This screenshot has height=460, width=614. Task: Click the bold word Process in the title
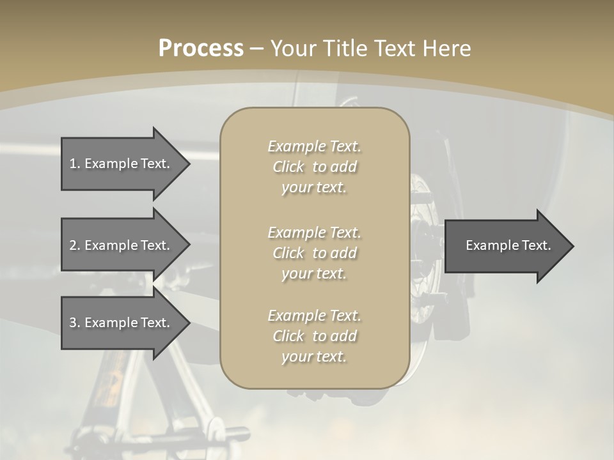pos(201,49)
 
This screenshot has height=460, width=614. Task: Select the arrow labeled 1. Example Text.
pos(122,164)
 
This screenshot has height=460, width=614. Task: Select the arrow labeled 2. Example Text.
pos(122,245)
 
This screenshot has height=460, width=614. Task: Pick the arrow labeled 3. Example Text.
pos(122,323)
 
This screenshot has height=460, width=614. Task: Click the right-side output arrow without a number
pos(505,246)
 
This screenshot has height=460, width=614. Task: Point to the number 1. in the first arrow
pos(75,164)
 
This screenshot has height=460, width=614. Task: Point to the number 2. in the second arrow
pos(75,245)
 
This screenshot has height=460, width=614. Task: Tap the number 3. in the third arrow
pos(75,323)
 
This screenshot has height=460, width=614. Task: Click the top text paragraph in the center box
pos(314,167)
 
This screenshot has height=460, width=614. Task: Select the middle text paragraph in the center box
pos(314,253)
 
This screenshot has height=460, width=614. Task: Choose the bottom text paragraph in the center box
pos(314,336)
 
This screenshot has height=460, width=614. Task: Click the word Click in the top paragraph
pos(288,167)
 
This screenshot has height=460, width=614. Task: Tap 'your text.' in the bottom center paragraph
pos(314,356)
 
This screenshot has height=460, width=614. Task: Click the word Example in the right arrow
pos(489,245)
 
